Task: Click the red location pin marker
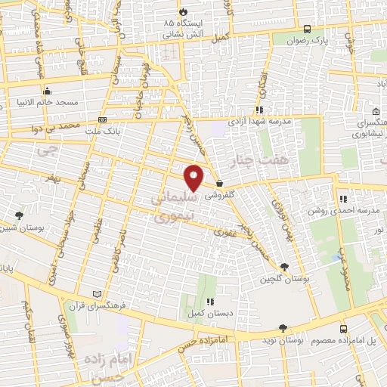click(x=195, y=178)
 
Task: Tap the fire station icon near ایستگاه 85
click(x=184, y=12)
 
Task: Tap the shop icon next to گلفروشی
click(x=219, y=184)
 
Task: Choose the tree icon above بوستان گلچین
click(x=284, y=267)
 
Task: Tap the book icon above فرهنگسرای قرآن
click(x=95, y=293)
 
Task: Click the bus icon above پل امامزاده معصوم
click(x=344, y=330)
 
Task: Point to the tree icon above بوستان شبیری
click(x=19, y=216)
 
